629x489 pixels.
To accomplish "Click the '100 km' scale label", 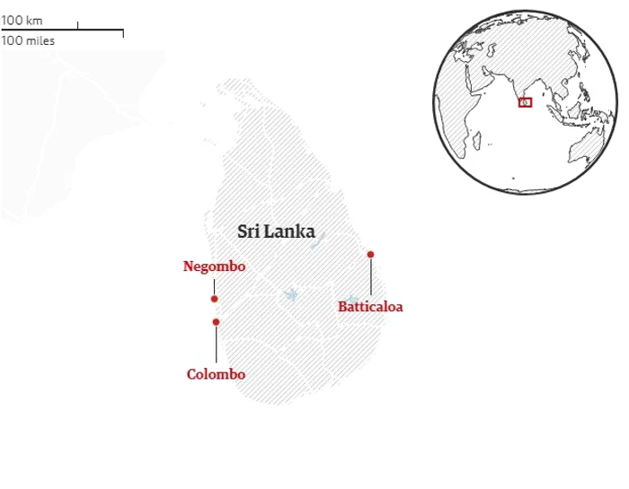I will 22,21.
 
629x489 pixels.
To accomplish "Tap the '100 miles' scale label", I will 28,40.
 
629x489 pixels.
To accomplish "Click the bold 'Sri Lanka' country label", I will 276,231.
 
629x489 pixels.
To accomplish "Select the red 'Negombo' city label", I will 214,266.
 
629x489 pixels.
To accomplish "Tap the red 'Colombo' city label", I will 216,374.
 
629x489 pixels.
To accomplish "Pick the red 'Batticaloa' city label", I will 370,307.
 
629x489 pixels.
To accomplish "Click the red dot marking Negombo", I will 214,299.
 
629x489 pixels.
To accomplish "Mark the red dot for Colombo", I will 216,322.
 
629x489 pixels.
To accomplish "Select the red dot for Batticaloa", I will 370,255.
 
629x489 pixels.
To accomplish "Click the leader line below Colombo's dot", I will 216,345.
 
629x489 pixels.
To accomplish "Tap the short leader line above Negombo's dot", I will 214,284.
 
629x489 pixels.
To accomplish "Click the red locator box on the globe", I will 526,102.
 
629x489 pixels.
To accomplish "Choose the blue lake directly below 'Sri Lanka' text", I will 290,294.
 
